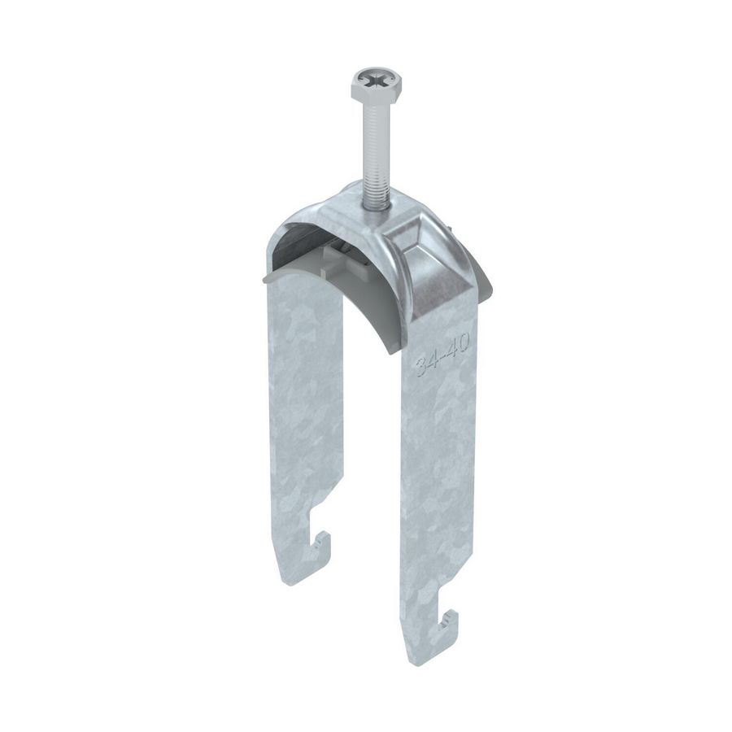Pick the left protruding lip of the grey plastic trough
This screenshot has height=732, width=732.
(273, 279)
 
